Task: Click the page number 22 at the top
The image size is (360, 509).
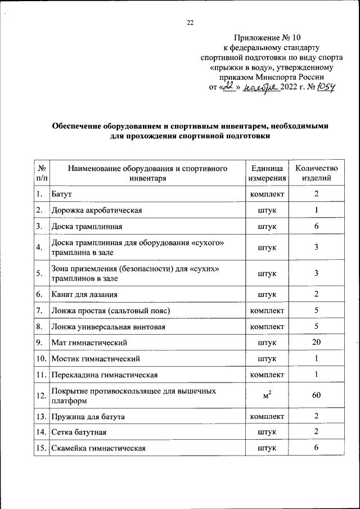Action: point(190,22)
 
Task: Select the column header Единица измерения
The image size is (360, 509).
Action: point(267,173)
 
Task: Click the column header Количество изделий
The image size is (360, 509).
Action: point(316,173)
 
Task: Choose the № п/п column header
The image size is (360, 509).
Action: point(41,173)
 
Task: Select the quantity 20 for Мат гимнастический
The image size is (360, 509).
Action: point(316,341)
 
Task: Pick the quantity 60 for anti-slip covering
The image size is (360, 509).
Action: point(316,395)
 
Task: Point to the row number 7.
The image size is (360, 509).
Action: point(39,310)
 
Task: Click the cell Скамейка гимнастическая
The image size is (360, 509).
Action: point(98,448)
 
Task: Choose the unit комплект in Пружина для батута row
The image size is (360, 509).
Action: point(267,416)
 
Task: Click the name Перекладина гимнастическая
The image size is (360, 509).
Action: point(104,374)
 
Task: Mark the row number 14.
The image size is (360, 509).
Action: point(40,432)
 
